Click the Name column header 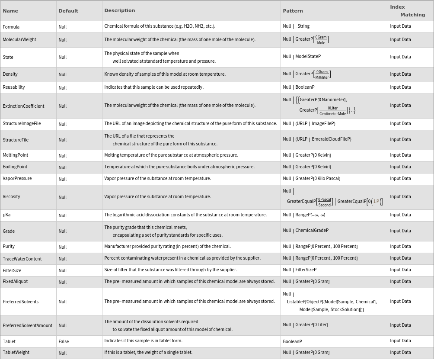10,11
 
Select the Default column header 68,11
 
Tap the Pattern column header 293,11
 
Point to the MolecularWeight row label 19,39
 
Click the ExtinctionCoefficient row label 23,106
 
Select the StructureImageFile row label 22,123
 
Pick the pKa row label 6,215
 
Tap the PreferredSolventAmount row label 27,325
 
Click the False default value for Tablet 64,341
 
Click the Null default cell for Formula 63,27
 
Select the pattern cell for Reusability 299,87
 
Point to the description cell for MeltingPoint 171,155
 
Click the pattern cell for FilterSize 300,270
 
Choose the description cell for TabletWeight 148,352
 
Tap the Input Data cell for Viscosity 400,196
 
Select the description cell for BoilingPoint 179,167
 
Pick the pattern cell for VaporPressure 311,178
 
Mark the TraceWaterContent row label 22,259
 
